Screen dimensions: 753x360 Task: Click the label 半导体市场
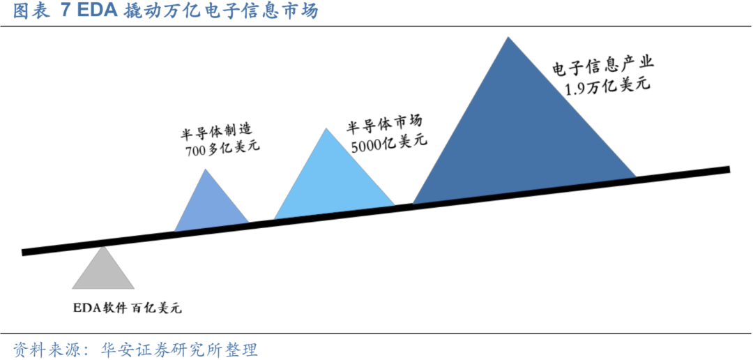pyautogui.click(x=385, y=125)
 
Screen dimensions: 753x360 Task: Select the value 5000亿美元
pyautogui.click(x=388, y=144)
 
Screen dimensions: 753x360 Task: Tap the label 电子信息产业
pyautogui.click(x=604, y=66)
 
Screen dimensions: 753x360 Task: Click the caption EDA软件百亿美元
pyautogui.click(x=127, y=308)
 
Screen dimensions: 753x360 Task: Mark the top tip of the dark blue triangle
pyautogui.click(x=508, y=38)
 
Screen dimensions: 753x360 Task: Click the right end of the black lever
pyautogui.click(x=727, y=170)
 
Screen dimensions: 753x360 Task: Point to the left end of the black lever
pyautogui.click(x=24, y=251)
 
